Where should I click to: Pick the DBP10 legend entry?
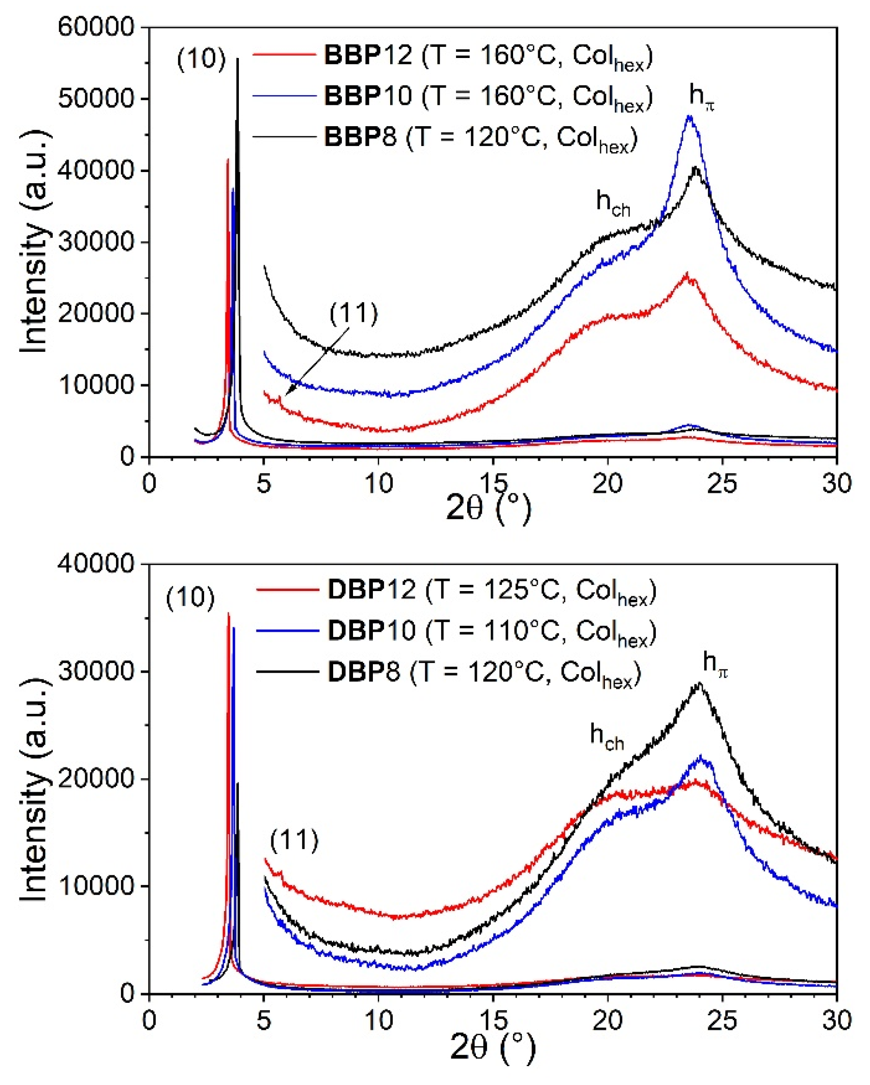(x=456, y=631)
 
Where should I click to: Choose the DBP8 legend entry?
(x=448, y=672)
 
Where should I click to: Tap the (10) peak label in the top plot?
(x=201, y=59)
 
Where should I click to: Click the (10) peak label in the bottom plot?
(x=191, y=598)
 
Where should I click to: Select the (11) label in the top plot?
(x=354, y=313)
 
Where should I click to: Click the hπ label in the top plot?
(x=702, y=96)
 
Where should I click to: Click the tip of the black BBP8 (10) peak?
(x=237, y=60)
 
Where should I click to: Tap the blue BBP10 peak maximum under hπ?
(x=690, y=117)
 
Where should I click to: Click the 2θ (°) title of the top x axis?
(x=488, y=508)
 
